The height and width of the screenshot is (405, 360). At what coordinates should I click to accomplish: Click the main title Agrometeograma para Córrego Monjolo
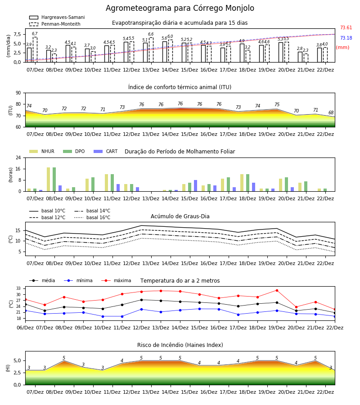[x=180, y=8]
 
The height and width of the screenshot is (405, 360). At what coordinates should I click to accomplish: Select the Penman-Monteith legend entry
[x=55, y=24]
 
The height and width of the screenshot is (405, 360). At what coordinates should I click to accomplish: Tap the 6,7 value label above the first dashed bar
[x=35, y=34]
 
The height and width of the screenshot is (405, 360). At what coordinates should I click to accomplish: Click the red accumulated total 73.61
[x=346, y=27]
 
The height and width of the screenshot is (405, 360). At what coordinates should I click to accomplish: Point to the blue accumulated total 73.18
[x=346, y=38]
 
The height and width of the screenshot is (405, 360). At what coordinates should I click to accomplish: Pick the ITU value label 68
[x=331, y=112]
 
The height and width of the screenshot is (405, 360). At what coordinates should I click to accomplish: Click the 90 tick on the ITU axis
[x=18, y=93]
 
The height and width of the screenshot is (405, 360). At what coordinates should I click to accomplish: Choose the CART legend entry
[x=106, y=151]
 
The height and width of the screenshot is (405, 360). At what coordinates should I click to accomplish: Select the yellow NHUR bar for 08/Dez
[x=48, y=179]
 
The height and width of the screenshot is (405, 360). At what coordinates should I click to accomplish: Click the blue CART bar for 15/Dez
[x=195, y=186]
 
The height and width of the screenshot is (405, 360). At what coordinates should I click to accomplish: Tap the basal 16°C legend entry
[x=92, y=217]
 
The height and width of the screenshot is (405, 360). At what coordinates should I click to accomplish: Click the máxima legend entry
[x=116, y=280]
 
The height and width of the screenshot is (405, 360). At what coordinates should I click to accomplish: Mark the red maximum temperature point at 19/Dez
[x=277, y=290]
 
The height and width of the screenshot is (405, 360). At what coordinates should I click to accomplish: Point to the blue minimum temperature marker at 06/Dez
[x=25, y=310]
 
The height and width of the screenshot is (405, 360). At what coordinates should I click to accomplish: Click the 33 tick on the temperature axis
[x=18, y=288]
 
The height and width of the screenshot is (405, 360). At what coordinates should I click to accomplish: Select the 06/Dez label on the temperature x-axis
[x=25, y=328]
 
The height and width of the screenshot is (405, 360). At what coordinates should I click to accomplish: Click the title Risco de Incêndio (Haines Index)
[x=180, y=345]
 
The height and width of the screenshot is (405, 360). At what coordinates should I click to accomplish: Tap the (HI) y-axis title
[x=8, y=368]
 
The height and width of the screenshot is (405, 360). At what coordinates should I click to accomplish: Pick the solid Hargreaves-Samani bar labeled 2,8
[x=300, y=57]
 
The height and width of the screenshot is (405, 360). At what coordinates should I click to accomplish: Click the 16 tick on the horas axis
[x=18, y=169]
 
